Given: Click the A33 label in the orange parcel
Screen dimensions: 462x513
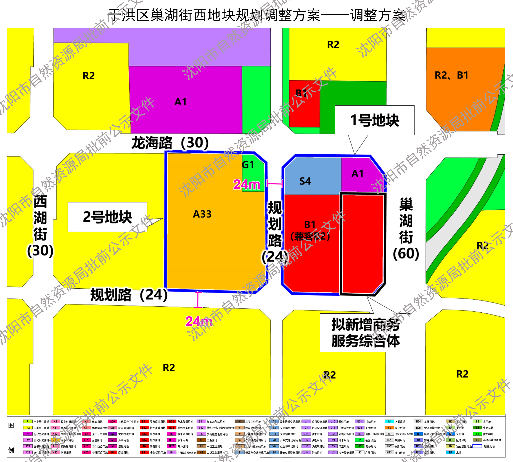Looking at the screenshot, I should [x=202, y=214].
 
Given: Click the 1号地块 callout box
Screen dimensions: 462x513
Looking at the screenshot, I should [x=374, y=120].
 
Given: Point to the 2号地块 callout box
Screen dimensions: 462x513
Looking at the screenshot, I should [x=107, y=217].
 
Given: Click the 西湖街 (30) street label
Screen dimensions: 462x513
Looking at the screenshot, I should [x=40, y=226].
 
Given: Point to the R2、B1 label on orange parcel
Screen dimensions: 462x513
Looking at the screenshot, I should [x=451, y=75].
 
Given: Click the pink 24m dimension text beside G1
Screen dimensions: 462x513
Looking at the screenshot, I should [x=247, y=184].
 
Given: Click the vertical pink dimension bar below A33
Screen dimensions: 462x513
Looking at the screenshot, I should [x=198, y=300].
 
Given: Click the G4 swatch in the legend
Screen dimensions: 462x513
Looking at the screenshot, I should [x=389, y=422].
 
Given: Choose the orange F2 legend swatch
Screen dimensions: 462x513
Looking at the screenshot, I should [x=389, y=428].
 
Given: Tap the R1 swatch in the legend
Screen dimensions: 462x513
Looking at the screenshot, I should [x=28, y=422].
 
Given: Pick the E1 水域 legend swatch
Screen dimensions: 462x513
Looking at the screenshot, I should [x=450, y=452].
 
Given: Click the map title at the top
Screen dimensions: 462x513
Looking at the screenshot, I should [x=256, y=15].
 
